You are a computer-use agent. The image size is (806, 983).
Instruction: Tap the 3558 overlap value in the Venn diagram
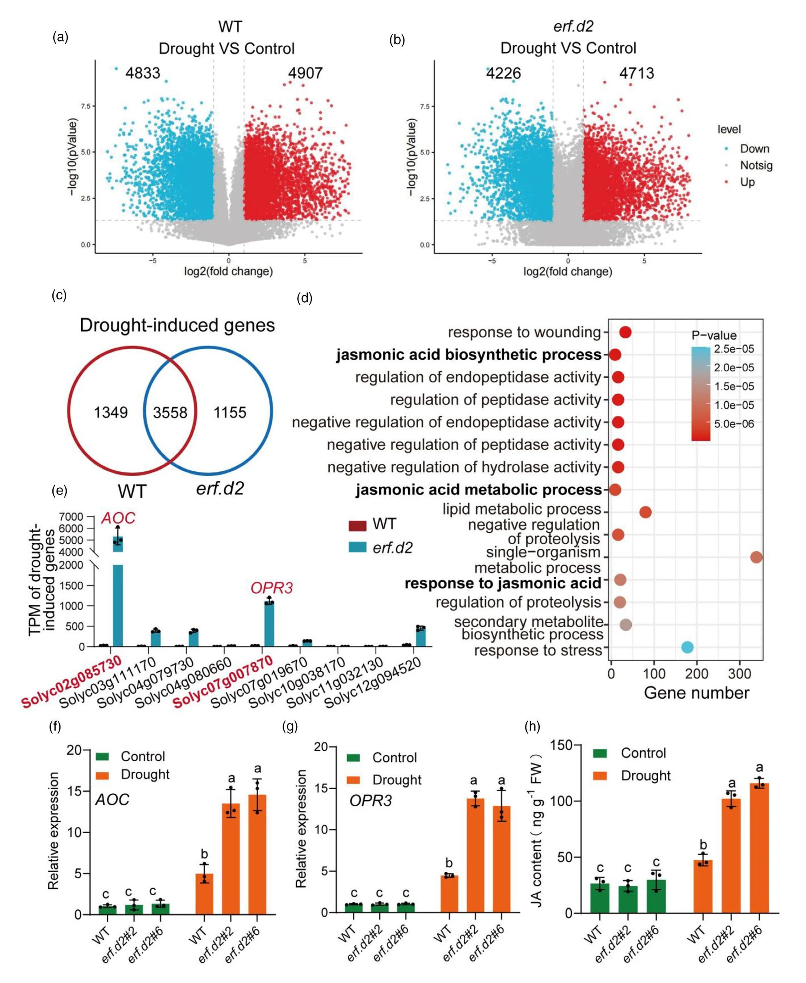(x=170, y=412)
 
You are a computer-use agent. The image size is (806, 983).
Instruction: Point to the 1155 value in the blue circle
(x=230, y=412)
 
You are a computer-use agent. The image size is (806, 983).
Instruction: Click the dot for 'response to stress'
(x=687, y=647)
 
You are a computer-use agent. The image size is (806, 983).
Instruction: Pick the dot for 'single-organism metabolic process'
(x=756, y=557)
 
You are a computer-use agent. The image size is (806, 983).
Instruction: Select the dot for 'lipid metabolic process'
(x=645, y=512)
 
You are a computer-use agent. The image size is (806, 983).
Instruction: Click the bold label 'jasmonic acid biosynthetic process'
(x=469, y=355)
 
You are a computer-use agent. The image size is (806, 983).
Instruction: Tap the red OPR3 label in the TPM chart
(x=272, y=588)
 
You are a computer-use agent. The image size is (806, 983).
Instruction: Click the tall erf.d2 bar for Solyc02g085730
(x=118, y=604)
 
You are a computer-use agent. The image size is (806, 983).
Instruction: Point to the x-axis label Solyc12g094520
(x=374, y=682)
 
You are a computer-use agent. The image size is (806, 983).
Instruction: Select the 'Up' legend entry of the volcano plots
(x=747, y=182)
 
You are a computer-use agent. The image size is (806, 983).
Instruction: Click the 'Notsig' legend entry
(x=756, y=165)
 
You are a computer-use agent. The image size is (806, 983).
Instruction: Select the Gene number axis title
(x=696, y=693)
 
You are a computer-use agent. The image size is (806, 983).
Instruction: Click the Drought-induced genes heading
(x=177, y=325)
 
